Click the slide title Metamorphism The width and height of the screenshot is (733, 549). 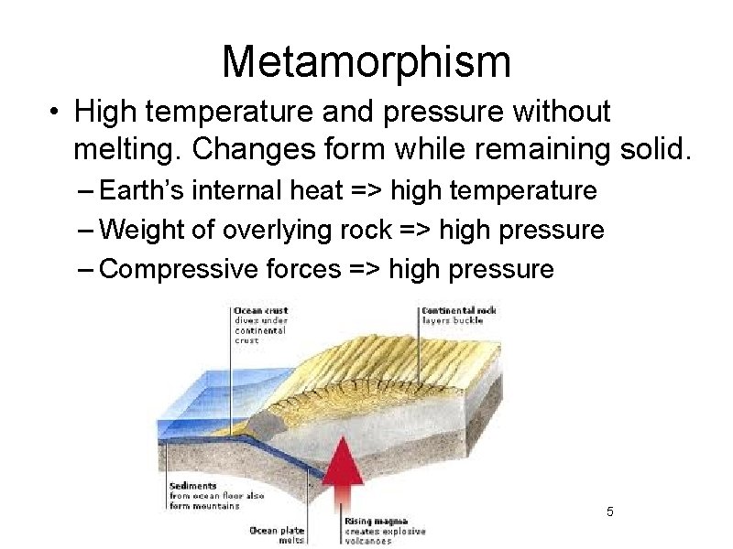click(366, 62)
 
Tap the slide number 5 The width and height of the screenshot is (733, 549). click(610, 510)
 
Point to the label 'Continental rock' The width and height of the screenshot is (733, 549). click(458, 311)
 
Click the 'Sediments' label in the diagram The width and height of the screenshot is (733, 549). click(192, 486)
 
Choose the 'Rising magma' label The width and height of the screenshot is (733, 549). click(372, 521)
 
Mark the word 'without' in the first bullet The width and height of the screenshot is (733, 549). click(561, 113)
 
